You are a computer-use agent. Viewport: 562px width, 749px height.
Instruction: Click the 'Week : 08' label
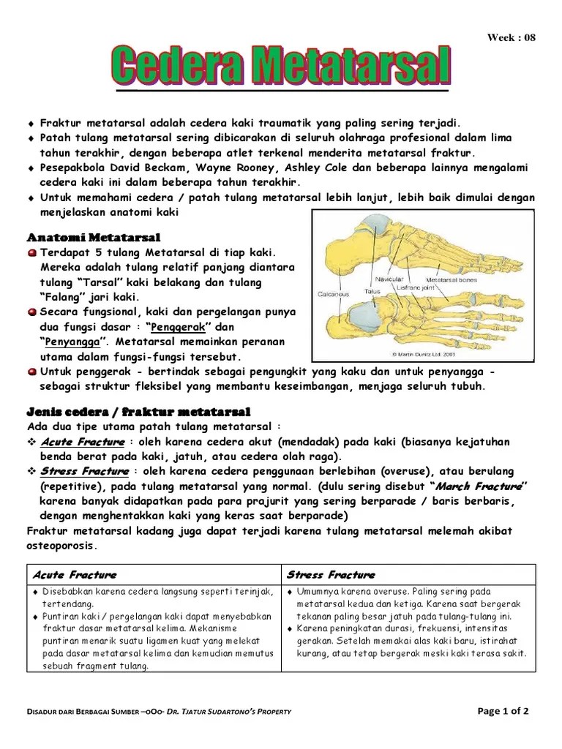coord(512,38)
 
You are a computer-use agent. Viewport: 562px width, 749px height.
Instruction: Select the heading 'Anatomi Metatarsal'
coord(94,238)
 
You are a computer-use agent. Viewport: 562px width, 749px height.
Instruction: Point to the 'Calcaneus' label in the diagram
coord(333,295)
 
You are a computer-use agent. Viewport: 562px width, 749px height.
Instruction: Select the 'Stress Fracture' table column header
coord(331,575)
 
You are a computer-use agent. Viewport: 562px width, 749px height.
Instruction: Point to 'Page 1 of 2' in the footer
coord(503,710)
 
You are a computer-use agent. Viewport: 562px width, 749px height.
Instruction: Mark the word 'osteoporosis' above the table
coord(61,546)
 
